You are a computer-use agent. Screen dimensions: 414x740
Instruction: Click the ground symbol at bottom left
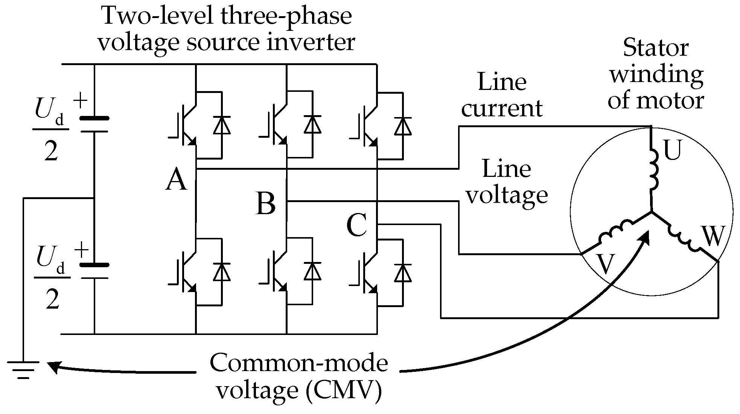[x=23, y=369]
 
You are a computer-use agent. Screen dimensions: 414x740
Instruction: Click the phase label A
[x=176, y=180]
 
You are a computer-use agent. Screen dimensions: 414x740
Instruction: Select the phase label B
[x=266, y=204]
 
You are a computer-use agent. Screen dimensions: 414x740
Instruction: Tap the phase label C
[x=356, y=226]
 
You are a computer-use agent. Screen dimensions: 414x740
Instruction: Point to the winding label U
[x=672, y=151]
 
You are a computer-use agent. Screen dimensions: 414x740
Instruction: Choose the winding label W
[x=712, y=236]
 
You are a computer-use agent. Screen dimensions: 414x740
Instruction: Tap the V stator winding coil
[x=615, y=233]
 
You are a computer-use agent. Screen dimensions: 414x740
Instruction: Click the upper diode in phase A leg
[x=222, y=125]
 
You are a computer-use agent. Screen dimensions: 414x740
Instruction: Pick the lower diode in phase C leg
[x=403, y=272]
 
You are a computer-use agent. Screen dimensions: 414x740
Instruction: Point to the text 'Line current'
[x=502, y=95]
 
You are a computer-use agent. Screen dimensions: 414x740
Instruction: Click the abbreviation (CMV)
[x=344, y=391]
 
